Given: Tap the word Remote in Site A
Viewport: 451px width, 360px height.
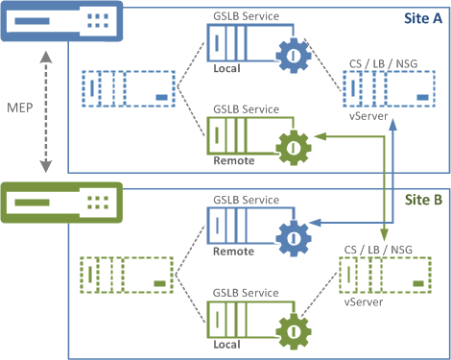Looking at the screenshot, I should point(234,160).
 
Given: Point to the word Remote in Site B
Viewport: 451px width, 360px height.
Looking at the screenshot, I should point(234,252).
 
